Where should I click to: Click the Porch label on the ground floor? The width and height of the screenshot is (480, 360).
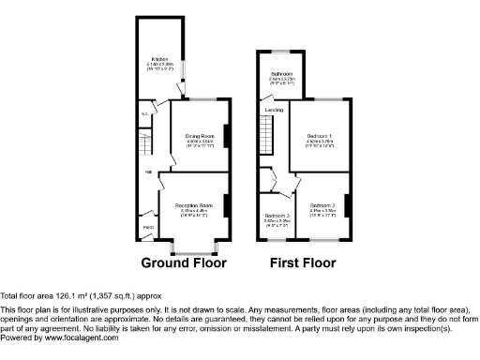tap(148, 227)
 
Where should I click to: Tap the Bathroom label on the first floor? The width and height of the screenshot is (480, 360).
tap(282, 73)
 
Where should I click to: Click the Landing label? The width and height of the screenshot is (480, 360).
tap(274, 111)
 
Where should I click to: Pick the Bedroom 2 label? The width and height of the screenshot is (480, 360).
tap(322, 204)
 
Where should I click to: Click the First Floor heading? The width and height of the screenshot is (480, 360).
tap(303, 262)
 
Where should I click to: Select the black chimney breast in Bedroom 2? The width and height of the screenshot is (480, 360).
tap(348, 203)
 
